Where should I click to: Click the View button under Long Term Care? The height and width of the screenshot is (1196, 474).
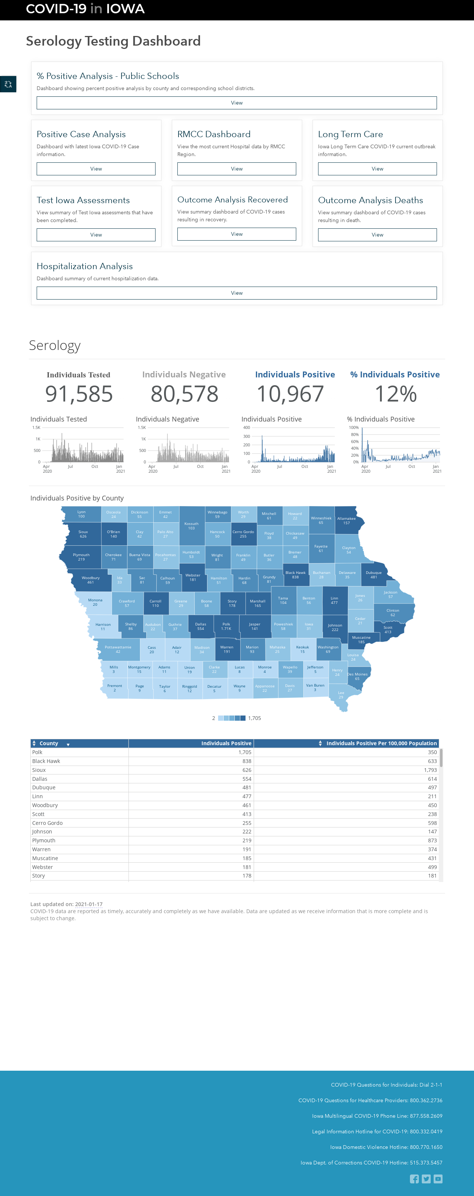[x=377, y=169]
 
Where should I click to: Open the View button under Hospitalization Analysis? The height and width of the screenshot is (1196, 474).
[x=237, y=293]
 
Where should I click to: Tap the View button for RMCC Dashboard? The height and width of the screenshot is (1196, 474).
[x=237, y=169]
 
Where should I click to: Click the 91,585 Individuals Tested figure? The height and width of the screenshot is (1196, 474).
[x=79, y=394]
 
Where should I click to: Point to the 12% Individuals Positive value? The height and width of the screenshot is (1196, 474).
[x=395, y=394]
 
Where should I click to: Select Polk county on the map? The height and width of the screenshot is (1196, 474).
[x=226, y=626]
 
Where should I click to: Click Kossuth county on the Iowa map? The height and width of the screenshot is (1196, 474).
[x=191, y=526]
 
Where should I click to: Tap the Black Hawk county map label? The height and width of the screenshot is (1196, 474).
[x=296, y=575]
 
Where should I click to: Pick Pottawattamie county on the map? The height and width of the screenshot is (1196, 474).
[x=118, y=649]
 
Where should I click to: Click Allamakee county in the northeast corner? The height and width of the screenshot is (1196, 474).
[x=347, y=521]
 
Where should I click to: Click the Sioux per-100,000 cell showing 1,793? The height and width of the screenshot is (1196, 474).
[x=430, y=770]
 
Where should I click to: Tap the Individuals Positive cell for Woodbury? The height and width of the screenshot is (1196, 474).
[x=247, y=805]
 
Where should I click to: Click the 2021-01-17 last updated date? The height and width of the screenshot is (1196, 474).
[x=89, y=904]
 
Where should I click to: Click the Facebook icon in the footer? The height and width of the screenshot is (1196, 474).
[x=414, y=1179]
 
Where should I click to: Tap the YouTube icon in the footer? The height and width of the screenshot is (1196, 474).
[x=438, y=1179]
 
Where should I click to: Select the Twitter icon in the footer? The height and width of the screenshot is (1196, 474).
[x=426, y=1179]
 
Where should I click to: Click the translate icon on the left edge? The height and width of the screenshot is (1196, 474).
[x=8, y=84]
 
